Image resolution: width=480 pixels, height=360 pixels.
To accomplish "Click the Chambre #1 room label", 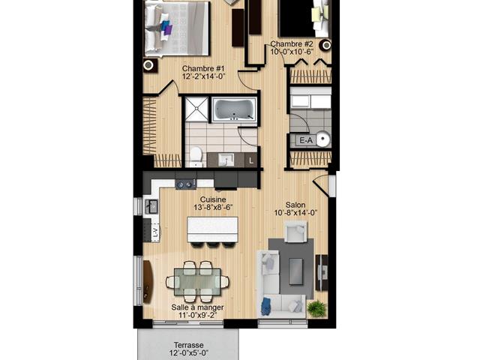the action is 203,68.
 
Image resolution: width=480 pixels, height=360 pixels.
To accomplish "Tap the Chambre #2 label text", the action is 292,44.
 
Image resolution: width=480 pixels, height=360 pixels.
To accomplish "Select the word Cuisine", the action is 213,199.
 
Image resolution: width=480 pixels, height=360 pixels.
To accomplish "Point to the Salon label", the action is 295,205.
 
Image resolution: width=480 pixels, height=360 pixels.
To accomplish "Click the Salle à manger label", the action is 197,307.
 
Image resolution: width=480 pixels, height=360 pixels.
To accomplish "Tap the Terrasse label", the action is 189,345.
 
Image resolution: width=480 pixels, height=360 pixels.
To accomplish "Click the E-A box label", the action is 306,140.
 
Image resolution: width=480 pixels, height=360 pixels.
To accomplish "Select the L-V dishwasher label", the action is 155,232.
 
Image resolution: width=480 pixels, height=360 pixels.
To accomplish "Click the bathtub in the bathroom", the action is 235,109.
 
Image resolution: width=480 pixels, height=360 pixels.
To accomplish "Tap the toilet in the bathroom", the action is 196,157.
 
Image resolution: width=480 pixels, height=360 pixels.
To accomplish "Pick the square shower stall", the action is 196,109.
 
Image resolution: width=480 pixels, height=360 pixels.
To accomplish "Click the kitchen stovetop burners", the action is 186,184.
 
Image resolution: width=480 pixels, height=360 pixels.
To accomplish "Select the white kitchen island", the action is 212,229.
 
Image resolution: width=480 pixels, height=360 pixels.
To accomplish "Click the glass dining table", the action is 197,282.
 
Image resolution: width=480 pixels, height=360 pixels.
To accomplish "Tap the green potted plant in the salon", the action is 316,308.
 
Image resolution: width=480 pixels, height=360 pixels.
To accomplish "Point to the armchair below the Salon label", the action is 296,232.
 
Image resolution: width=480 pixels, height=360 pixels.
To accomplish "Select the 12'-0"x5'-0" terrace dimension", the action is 189,353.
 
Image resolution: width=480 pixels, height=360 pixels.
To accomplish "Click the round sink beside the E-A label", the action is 322,139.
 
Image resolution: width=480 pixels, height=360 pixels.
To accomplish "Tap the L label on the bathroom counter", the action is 251,160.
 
